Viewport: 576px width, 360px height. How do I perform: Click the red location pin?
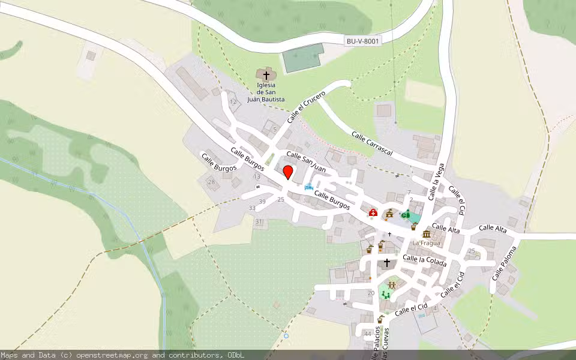tap(288, 172)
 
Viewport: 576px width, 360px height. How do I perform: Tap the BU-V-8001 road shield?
tap(362, 41)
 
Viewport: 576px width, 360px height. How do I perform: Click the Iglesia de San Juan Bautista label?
tap(266, 92)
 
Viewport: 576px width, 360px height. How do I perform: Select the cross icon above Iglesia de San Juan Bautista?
tap(266, 75)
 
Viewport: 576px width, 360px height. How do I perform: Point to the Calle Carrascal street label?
tap(372, 144)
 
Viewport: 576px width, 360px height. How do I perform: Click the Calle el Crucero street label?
tap(306, 106)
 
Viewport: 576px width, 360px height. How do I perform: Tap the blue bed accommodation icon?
tap(309, 187)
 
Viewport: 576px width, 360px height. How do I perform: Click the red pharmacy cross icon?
tap(373, 213)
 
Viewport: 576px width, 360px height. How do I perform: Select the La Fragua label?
tap(426, 243)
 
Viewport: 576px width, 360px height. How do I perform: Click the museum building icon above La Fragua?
tap(427, 234)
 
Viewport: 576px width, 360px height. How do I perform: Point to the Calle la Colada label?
tap(424, 259)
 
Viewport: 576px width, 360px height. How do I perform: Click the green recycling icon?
tap(406, 214)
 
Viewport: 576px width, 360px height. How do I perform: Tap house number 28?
tap(211, 182)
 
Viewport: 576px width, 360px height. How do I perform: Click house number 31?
tap(259, 222)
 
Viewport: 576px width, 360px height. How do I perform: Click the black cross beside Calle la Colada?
tap(387, 263)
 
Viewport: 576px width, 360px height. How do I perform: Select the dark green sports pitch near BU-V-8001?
tap(303, 58)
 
